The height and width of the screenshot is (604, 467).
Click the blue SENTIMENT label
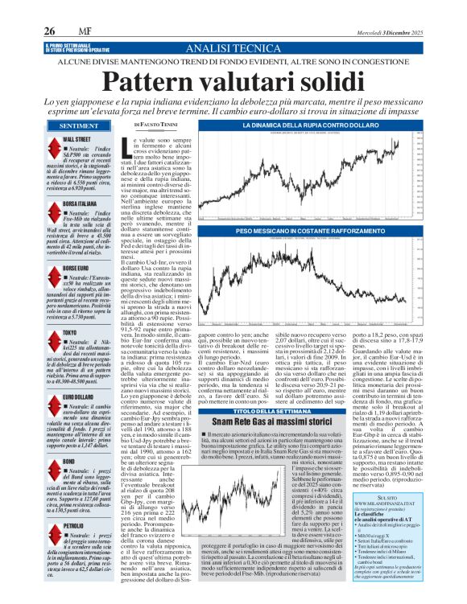click(79, 126)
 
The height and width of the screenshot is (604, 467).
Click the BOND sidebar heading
click(68, 462)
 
